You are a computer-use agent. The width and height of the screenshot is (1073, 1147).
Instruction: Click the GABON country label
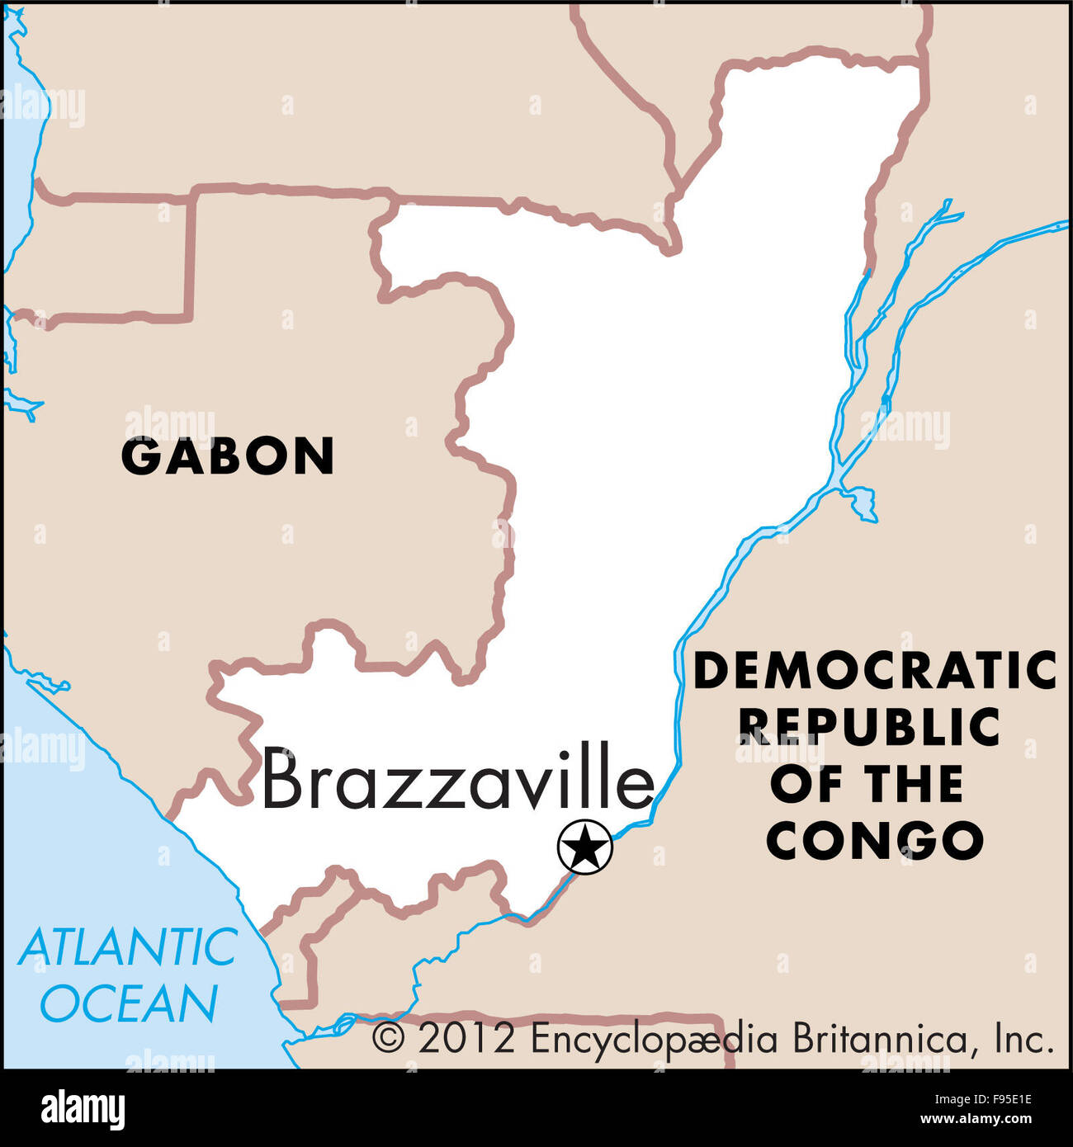[x=228, y=456]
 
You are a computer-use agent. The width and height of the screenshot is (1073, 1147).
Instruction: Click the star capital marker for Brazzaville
[x=585, y=847]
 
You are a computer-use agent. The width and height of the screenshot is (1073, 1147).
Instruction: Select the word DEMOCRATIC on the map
[x=875, y=670]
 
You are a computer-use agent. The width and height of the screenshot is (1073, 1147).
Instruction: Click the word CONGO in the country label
[x=875, y=841]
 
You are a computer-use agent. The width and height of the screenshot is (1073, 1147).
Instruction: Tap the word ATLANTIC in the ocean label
[x=128, y=946]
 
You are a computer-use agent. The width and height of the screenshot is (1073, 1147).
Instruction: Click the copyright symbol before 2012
[x=388, y=1038]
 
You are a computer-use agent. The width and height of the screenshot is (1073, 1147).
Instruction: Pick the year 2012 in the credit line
[x=466, y=1038]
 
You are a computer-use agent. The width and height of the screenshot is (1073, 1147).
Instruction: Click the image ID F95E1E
[x=1000, y=1100]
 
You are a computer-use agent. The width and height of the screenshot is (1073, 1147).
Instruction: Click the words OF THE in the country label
[x=867, y=784]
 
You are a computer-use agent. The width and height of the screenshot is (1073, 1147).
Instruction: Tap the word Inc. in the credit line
[x=1023, y=1038]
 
